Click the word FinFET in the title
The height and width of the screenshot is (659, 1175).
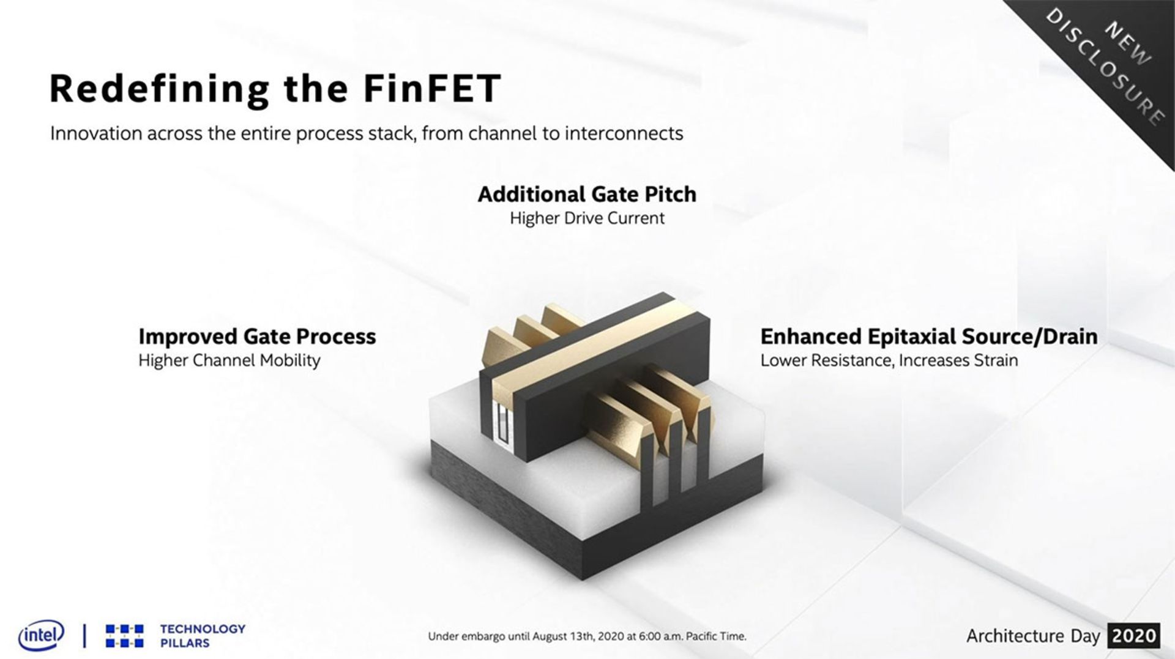click(x=432, y=89)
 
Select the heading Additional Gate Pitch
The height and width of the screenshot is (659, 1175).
click(x=587, y=195)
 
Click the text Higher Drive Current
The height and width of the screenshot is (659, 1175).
click(x=587, y=218)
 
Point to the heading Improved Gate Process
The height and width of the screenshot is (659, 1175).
click(x=257, y=337)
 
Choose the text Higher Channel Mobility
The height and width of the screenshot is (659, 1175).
click(x=229, y=360)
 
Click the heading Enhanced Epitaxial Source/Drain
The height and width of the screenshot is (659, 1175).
click(x=928, y=337)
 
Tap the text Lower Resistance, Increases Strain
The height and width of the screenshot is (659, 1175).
click(x=889, y=360)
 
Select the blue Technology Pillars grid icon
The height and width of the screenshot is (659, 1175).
click(x=125, y=636)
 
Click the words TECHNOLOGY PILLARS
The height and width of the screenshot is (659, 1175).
click(x=202, y=636)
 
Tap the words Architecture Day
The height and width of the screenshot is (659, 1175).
click(x=1033, y=636)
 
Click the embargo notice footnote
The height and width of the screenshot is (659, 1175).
click(x=587, y=636)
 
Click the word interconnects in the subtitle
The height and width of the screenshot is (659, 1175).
click(x=624, y=133)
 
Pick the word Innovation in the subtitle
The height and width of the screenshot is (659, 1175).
click(x=95, y=133)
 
